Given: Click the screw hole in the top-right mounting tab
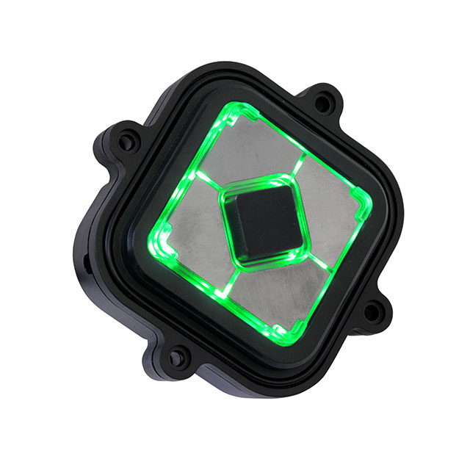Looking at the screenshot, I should coord(322,103).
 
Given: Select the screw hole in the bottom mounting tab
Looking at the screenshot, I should coord(176,358).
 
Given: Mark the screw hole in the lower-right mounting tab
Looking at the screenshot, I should coord(372,312).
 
